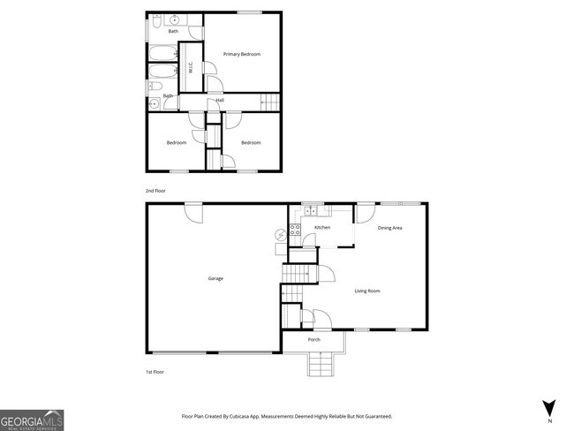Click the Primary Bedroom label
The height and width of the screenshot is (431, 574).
pyautogui.click(x=241, y=55)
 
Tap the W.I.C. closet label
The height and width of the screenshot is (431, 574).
pyautogui.click(x=190, y=67)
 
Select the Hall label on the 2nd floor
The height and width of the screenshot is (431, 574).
pyautogui.click(x=219, y=100)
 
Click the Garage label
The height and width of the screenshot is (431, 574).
pyautogui.click(x=215, y=278)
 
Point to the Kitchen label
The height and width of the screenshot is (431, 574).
pyautogui.click(x=322, y=228)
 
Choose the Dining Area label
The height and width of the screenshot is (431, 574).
pyautogui.click(x=390, y=228)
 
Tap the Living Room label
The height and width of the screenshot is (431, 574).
pyautogui.click(x=367, y=291)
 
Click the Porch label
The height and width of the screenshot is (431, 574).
pyautogui.click(x=313, y=339)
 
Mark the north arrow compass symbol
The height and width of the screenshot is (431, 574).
pyautogui.click(x=549, y=408)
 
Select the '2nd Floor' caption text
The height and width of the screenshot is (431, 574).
pyautogui.click(x=155, y=191)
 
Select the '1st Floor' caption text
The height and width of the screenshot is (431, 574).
pyautogui.click(x=155, y=372)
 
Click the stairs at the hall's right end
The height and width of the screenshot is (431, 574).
pyautogui.click(x=268, y=103)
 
